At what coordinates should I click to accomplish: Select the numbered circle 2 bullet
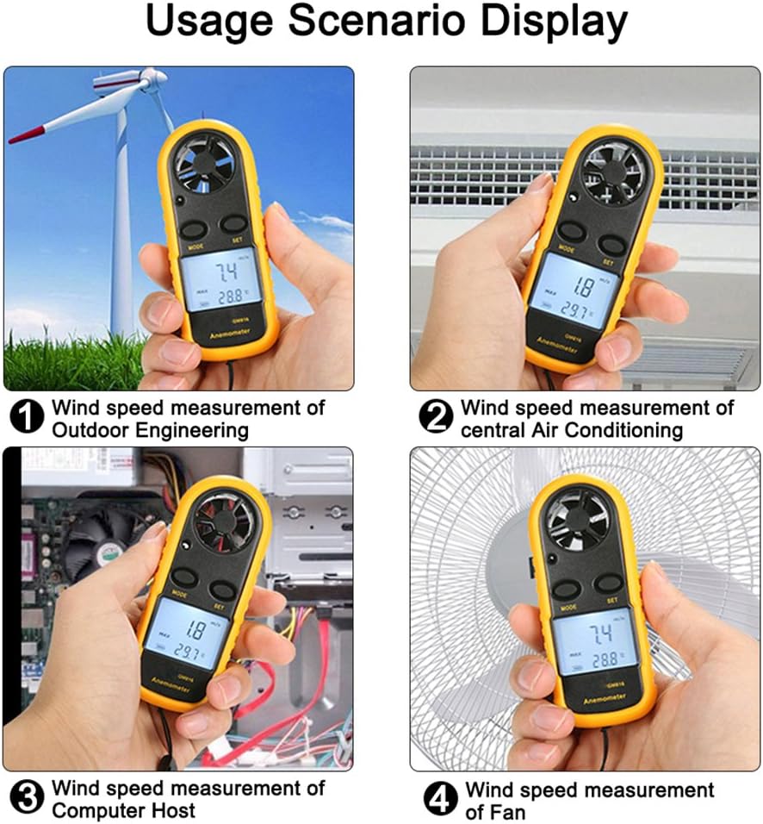click(436, 418)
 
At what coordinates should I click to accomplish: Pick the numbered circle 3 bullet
click(28, 799)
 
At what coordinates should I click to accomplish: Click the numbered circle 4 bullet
click(441, 801)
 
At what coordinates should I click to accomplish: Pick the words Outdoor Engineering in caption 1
click(151, 429)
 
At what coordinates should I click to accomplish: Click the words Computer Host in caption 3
click(124, 810)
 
